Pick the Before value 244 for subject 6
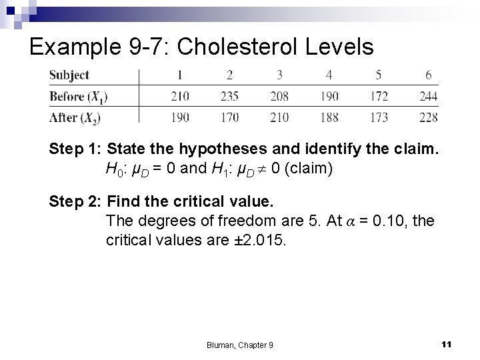(x=429, y=97)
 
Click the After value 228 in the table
(x=429, y=118)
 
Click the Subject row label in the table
(x=69, y=75)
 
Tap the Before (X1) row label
(x=79, y=97)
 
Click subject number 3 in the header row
(x=279, y=75)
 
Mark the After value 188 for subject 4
(x=329, y=118)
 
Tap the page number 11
(x=447, y=343)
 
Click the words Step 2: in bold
(x=73, y=200)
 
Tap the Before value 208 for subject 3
(x=279, y=97)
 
